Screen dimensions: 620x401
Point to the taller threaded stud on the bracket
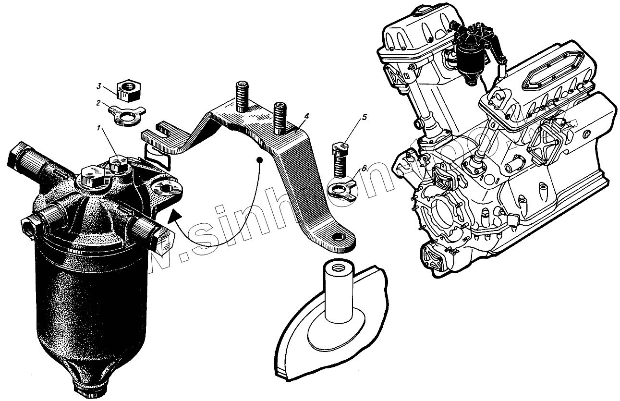click(x=241, y=96)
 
